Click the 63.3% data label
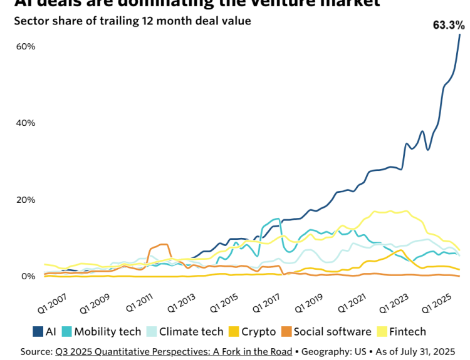(449, 26)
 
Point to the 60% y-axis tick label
(26, 47)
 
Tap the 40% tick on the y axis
(26, 123)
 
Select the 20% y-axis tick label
(26, 200)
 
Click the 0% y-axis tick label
(29, 276)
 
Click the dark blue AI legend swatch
(38, 332)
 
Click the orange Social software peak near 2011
(162, 245)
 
